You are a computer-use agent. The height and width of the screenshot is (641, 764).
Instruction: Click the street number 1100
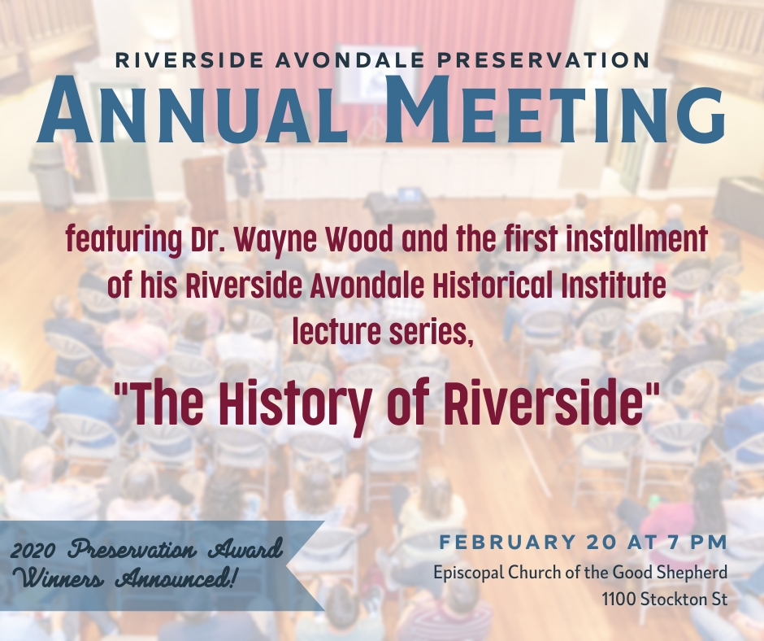[x=619, y=599]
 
